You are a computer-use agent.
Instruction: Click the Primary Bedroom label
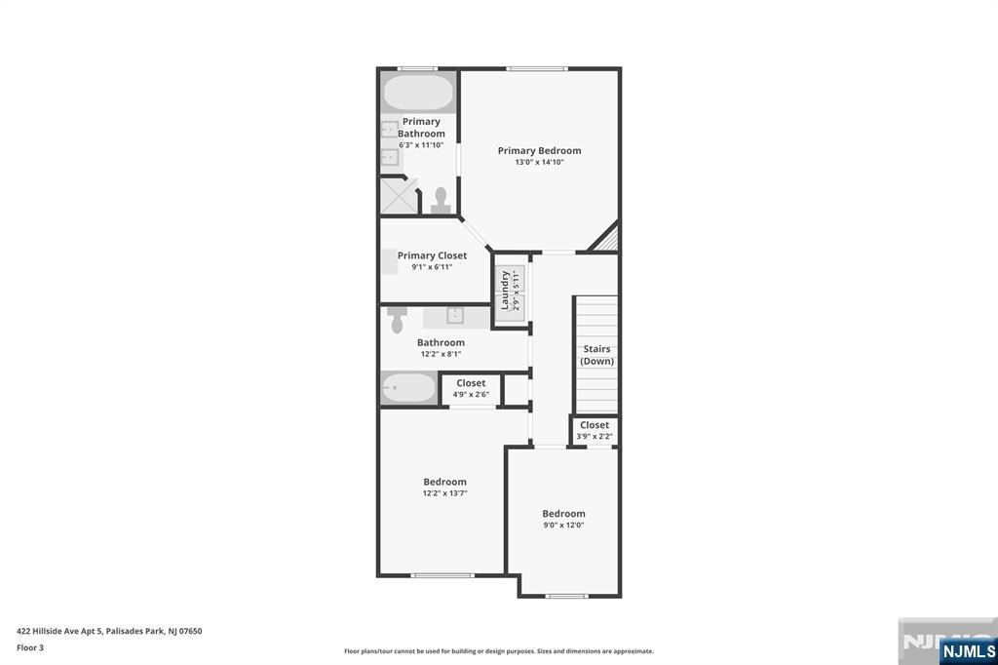tap(539, 151)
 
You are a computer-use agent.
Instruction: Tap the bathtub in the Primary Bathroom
tap(418, 93)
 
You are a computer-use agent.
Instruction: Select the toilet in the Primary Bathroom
tap(441, 200)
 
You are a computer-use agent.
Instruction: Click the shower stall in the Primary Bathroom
tap(399, 196)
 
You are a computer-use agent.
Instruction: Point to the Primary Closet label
tap(432, 255)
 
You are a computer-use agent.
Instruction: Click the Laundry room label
tap(505, 290)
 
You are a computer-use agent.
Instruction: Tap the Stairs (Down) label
tap(597, 355)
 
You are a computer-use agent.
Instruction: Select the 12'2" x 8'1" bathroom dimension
tap(441, 354)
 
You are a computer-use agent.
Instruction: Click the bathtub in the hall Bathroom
tap(408, 388)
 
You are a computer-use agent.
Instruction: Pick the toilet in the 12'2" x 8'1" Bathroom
tap(398, 320)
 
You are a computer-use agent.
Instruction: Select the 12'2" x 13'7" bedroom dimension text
tap(444, 493)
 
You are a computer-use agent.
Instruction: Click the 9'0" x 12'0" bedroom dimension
tap(563, 526)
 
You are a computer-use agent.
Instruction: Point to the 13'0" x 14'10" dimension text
tap(539, 163)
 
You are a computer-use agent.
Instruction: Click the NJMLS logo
tap(968, 650)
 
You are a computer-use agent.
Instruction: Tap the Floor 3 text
tap(30, 647)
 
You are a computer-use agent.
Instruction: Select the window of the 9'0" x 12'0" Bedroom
tap(566, 596)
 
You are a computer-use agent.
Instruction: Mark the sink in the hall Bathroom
tap(455, 315)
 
